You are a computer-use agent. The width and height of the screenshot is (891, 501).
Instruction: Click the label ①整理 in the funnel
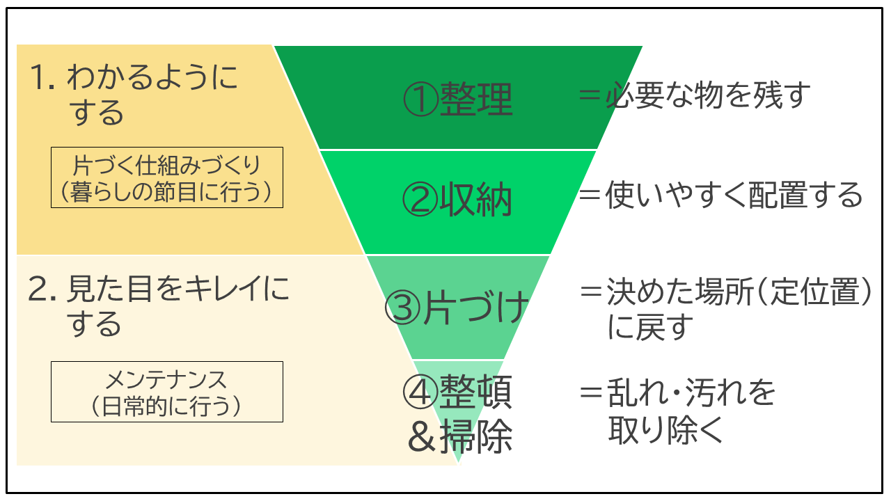(x=458, y=99)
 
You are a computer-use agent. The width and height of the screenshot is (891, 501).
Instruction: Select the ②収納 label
(x=457, y=199)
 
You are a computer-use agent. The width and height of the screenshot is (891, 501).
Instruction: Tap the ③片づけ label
(x=456, y=308)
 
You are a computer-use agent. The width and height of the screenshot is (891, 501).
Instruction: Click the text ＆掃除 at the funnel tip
(x=460, y=436)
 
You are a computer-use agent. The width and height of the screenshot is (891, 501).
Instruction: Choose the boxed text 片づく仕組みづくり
(x=166, y=165)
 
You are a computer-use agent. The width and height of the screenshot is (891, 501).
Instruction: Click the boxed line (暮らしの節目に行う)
(x=166, y=192)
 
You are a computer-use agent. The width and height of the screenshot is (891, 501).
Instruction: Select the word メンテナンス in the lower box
(x=166, y=380)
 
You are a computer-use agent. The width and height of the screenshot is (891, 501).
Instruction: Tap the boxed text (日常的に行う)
(x=166, y=406)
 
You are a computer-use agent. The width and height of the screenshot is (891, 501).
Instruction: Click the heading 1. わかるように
(x=134, y=77)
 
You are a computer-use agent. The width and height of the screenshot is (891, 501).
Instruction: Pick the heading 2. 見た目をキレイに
(x=158, y=288)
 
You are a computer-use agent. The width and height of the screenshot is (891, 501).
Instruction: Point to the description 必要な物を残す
(x=708, y=95)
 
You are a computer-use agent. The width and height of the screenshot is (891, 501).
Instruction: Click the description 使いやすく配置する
(x=734, y=195)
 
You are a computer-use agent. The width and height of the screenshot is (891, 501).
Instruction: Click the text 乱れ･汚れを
(x=691, y=392)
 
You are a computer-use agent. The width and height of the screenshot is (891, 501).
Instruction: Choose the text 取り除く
(x=665, y=430)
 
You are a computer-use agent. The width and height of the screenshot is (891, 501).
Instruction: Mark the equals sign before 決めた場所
(x=592, y=292)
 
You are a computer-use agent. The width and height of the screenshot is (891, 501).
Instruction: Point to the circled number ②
(x=420, y=200)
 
